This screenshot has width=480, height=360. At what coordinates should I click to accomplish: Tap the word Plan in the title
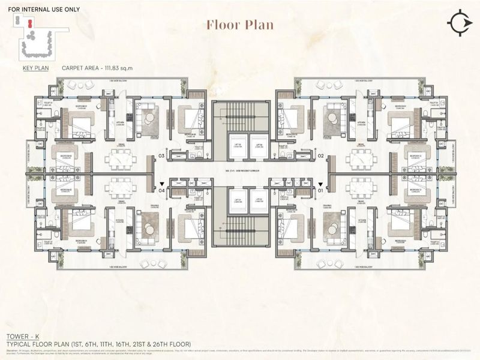point(259,25)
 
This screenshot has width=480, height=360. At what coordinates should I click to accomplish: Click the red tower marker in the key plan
point(28,22)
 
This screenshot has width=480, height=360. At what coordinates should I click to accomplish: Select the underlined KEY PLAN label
point(35,68)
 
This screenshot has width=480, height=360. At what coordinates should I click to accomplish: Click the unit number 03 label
point(161,157)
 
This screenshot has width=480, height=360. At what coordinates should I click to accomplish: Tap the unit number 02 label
point(321,157)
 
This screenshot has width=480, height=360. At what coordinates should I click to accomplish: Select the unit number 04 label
point(161,191)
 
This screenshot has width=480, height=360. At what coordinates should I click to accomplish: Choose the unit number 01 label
point(321,191)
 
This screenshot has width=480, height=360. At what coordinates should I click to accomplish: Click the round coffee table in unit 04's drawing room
point(148,228)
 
